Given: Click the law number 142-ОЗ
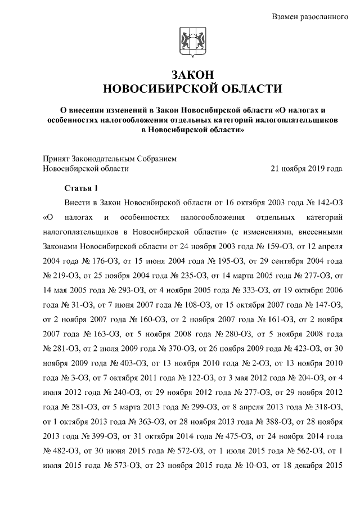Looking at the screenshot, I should [327, 202].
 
